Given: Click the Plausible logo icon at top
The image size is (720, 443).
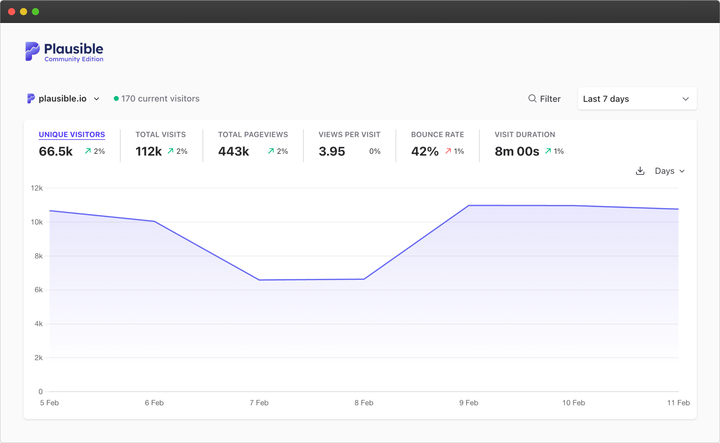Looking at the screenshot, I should coord(32,52).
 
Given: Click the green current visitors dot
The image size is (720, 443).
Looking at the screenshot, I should coord(116,99).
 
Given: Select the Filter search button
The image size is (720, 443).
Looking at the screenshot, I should coord(544,99).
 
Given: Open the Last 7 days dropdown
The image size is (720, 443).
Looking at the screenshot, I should coord(637,99).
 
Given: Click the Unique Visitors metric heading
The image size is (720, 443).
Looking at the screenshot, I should coord(72,135).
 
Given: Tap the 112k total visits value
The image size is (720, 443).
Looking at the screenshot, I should coord(148,151).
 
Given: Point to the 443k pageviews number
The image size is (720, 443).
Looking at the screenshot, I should coord(233,151).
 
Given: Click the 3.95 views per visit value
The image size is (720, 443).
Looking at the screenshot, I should coord(332,151).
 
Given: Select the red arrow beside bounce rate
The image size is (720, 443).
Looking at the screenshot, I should coord(448,151).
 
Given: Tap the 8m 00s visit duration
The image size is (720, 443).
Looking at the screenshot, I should coord(517,151).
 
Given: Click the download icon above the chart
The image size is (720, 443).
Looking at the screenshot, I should coord(640,171).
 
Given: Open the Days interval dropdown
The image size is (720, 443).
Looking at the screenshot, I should coord(669,171).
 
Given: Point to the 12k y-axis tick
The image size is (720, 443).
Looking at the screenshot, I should coord(37,188).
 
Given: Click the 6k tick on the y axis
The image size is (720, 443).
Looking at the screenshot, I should coord(38,290).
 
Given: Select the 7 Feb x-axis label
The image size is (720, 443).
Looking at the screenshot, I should coord(259,403).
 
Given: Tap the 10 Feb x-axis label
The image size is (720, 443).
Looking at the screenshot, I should coord(573,403).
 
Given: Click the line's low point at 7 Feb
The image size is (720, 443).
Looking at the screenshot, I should coord(259,280).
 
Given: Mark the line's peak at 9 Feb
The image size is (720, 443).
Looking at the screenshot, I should coord(469,205).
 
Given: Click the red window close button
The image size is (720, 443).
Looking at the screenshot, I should coord(12,12).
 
